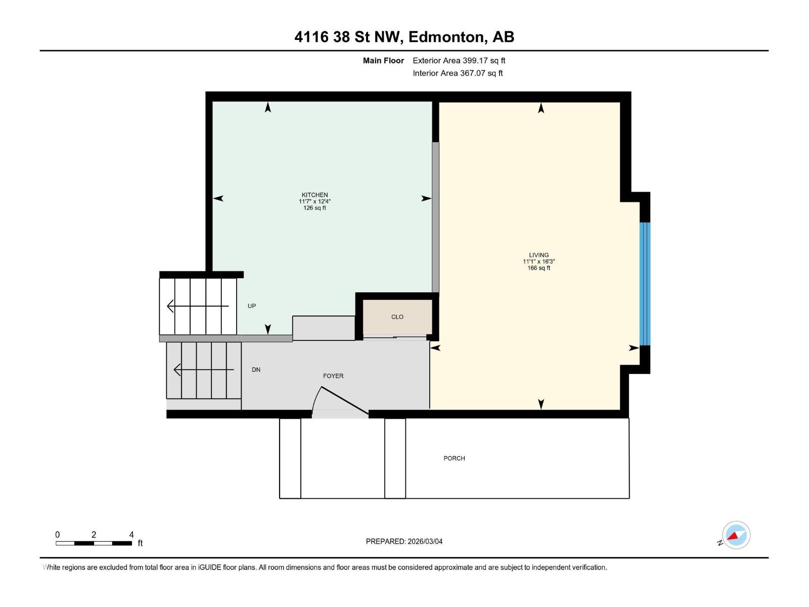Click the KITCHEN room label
pyautogui.click(x=314, y=195)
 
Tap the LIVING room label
pyautogui.click(x=538, y=255)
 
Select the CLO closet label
pyautogui.click(x=397, y=317)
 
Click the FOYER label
pyautogui.click(x=333, y=376)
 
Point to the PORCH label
pyautogui.click(x=454, y=458)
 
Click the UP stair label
pyautogui.click(x=252, y=306)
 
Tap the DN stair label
pyautogui.click(x=256, y=370)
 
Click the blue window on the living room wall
pyautogui.click(x=645, y=283)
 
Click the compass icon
pyautogui.click(x=736, y=535)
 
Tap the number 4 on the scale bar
pyautogui.click(x=131, y=535)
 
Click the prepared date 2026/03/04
pyautogui.click(x=424, y=541)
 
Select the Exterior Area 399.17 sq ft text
pyautogui.click(x=459, y=61)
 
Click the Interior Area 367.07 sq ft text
pyautogui.click(x=458, y=73)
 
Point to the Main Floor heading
pyautogui.click(x=383, y=61)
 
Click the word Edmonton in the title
pyautogui.click(x=445, y=37)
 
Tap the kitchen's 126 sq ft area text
pyautogui.click(x=314, y=208)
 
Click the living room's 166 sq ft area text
pyautogui.click(x=538, y=268)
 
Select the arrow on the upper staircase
pyautogui.click(x=197, y=306)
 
